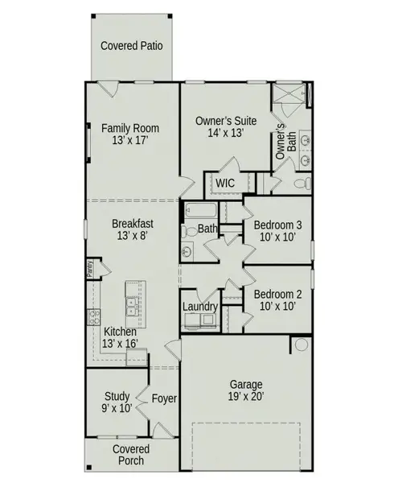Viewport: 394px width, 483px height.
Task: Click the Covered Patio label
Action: [132, 46]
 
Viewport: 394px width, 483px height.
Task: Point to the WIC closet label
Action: [224, 184]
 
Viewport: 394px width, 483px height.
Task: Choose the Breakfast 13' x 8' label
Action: [133, 229]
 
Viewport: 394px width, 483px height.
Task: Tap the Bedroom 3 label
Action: [277, 231]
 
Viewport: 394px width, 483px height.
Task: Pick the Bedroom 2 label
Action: [277, 299]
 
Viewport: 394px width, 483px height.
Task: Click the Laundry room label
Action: [200, 307]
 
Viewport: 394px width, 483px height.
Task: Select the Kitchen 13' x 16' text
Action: [121, 337]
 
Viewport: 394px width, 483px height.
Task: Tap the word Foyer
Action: [164, 398]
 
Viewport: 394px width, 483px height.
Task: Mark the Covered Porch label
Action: [129, 454]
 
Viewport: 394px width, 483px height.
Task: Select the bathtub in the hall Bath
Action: [200, 212]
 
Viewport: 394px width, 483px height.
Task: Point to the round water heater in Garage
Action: [301, 345]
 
